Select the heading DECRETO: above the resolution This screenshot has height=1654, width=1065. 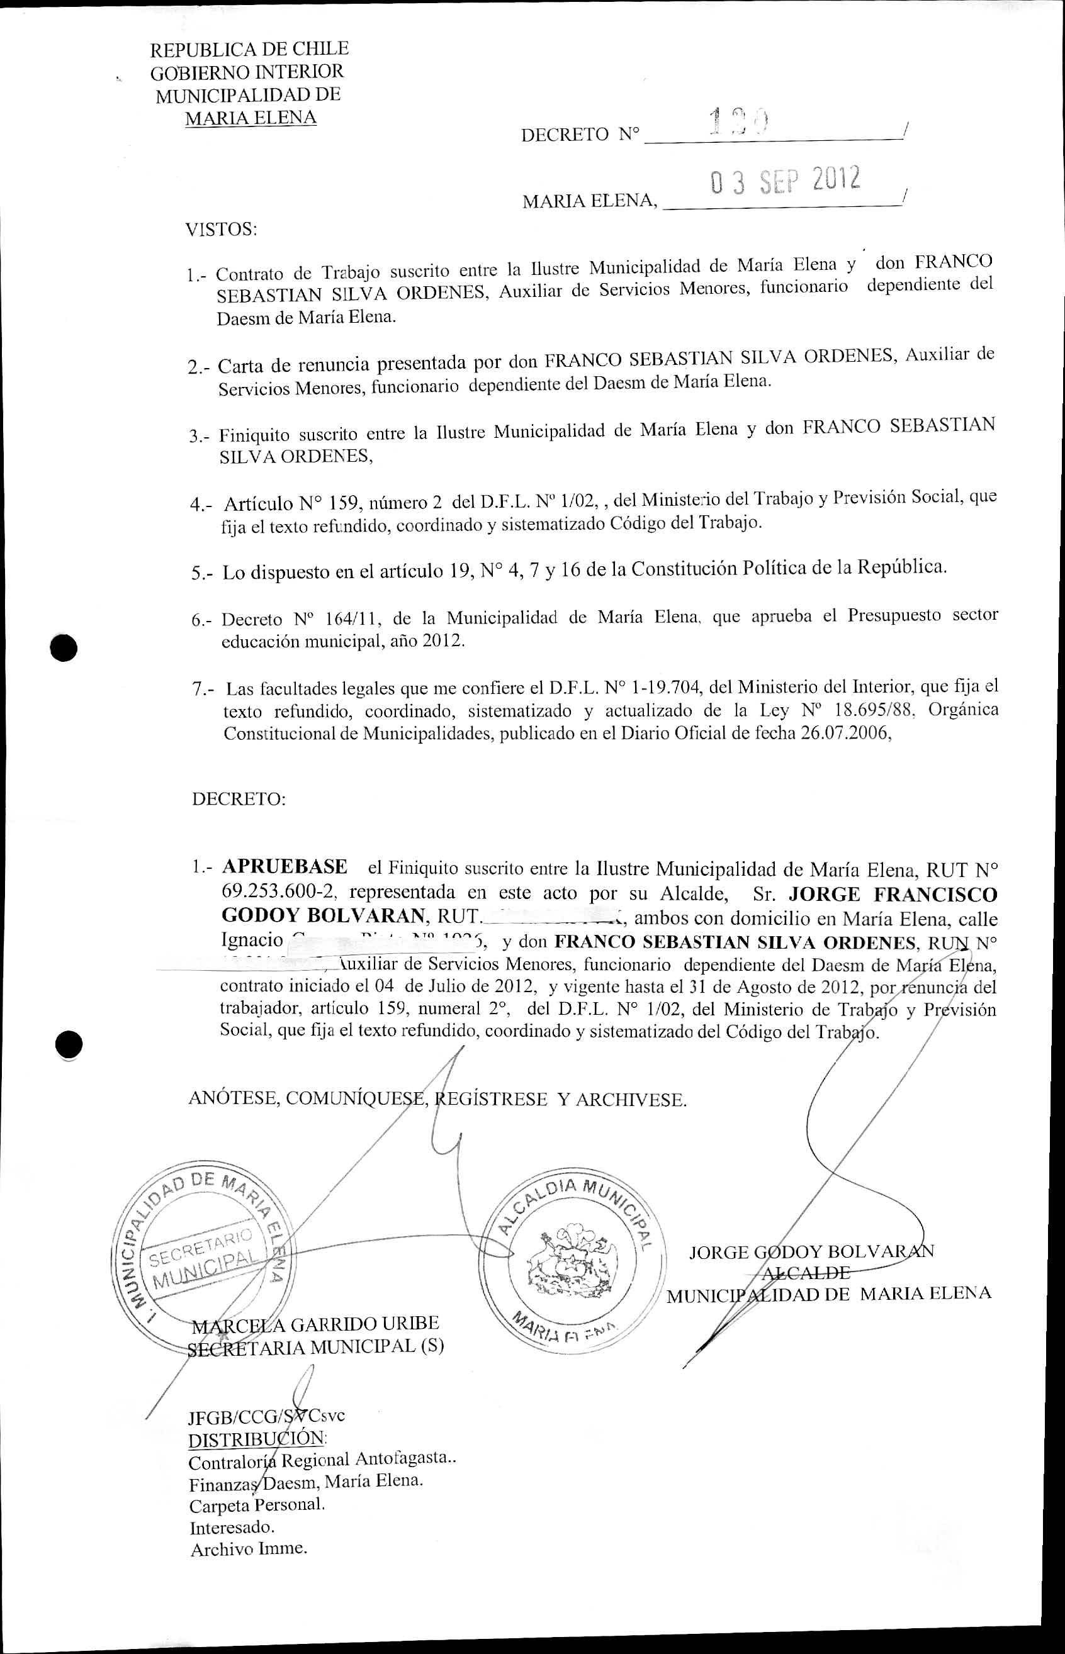[239, 799]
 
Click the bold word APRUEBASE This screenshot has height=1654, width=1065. [285, 867]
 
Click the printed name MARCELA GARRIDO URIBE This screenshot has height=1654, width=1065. [315, 1324]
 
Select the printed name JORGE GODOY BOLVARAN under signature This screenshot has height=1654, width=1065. [811, 1252]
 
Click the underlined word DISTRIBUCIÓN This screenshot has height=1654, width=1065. [257, 1439]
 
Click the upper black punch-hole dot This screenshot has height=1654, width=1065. [64, 647]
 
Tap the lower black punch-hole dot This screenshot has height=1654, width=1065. [69, 1044]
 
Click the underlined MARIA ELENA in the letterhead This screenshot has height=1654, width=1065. [251, 118]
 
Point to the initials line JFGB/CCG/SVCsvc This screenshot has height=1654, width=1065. [266, 1416]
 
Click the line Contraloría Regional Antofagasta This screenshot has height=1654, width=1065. [322, 1461]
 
